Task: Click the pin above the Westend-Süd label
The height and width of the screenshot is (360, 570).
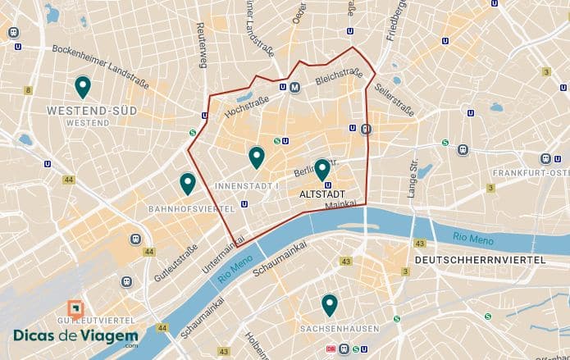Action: pos(82,86)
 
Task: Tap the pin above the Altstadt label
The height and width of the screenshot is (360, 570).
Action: pos(322,169)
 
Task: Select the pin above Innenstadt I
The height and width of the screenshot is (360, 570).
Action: pos(257,157)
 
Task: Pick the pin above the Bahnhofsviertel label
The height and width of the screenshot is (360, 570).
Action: pos(188,184)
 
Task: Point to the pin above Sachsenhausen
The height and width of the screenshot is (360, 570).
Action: pos(330,305)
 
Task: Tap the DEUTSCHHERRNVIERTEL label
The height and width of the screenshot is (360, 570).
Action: pos(481,260)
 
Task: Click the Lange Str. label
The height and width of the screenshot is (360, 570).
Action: pos(413,179)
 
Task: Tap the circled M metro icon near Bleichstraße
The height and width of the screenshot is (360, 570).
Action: pos(294,87)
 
